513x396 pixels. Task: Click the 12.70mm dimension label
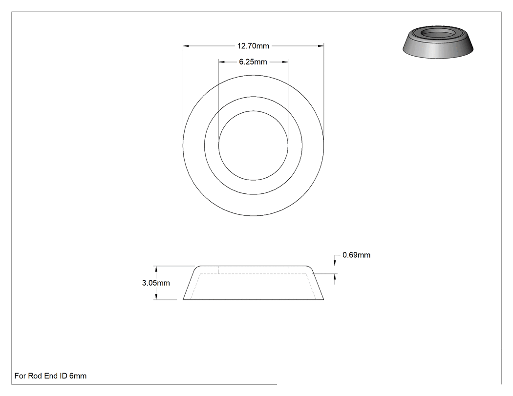253,46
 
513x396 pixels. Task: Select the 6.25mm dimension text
253,62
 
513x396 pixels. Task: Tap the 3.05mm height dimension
156,283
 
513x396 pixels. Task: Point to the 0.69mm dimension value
356,255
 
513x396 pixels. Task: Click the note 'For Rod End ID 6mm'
50,375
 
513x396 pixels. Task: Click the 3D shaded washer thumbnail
438,42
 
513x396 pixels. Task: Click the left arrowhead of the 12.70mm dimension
186,46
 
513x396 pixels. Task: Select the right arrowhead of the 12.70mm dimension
321,46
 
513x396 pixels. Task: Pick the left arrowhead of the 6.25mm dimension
222,62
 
